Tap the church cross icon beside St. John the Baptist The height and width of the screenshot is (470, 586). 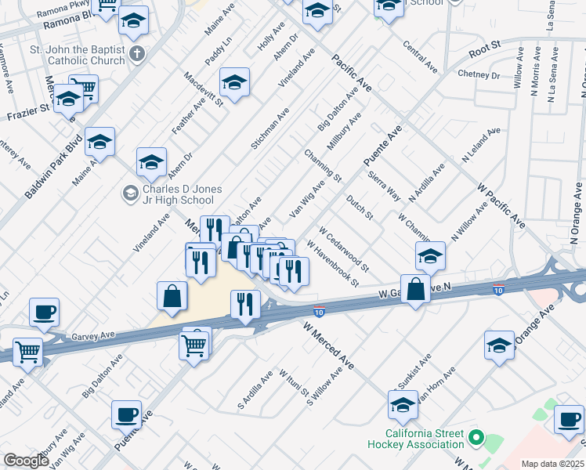point(138,55)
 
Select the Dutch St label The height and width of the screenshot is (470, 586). point(361,207)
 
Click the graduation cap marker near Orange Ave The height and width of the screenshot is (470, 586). point(499,345)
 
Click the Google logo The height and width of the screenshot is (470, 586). point(26,461)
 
